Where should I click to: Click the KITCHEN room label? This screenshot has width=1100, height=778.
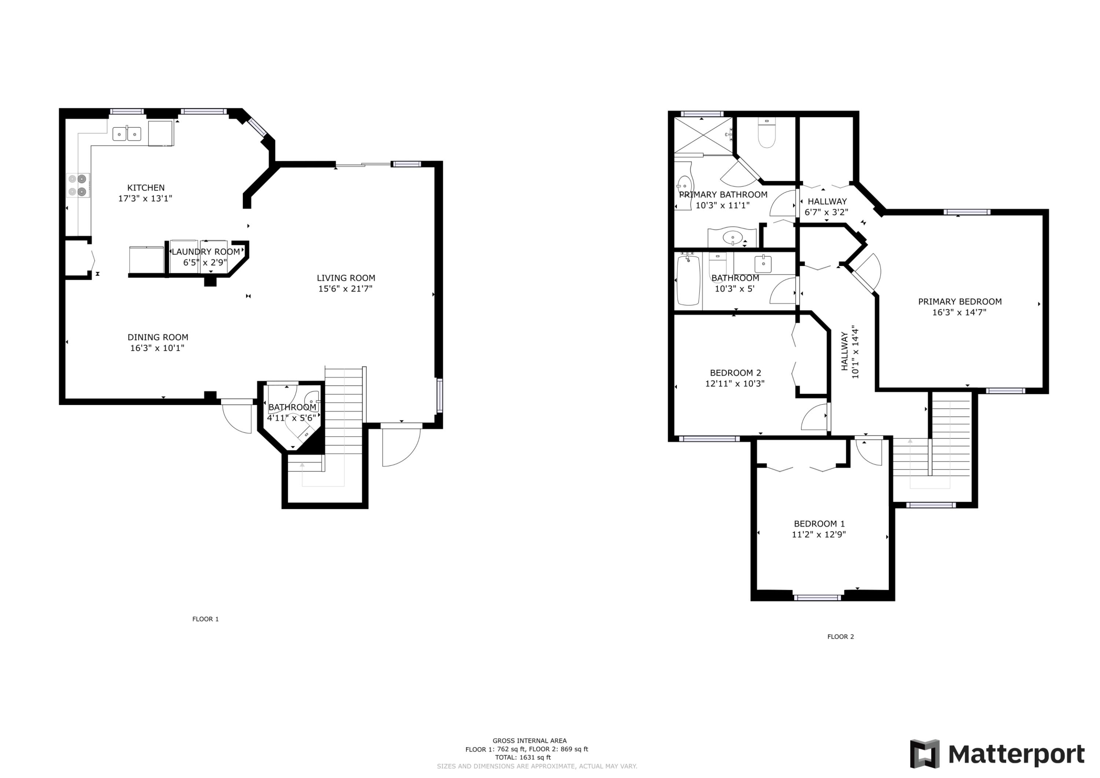tap(146, 188)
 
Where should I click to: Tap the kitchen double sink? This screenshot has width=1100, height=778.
tap(127, 134)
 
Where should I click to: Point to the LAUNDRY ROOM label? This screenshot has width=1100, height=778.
tap(206, 252)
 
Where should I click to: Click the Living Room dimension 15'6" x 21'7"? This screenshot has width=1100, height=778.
tap(345, 289)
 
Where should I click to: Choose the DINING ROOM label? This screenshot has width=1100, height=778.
tap(158, 337)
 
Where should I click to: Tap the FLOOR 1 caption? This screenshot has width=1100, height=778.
tap(206, 619)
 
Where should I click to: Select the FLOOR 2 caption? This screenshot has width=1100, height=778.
tap(840, 636)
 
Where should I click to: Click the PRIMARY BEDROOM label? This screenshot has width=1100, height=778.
tap(960, 302)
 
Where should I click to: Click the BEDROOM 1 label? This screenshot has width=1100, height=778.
tap(819, 524)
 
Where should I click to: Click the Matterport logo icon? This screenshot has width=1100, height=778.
tap(925, 753)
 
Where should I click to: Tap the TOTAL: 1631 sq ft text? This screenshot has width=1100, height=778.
tap(523, 758)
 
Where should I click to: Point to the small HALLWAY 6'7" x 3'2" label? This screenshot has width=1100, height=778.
tap(827, 202)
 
